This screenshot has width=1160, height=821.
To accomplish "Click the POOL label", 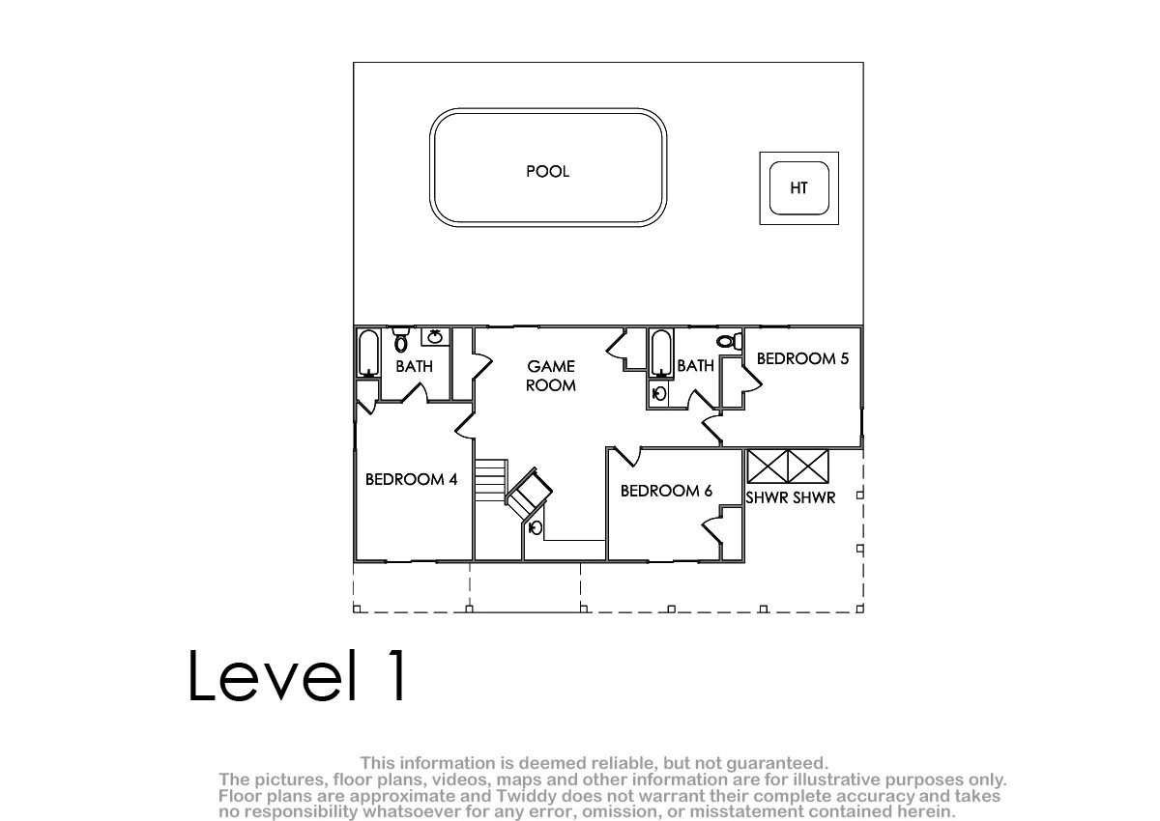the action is pyautogui.click(x=547, y=171).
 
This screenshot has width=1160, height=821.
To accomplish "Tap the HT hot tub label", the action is pyautogui.click(x=798, y=187).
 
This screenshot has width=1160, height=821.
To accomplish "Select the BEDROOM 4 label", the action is pyautogui.click(x=411, y=480).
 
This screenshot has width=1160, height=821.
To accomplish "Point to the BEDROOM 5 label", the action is pyautogui.click(x=802, y=358).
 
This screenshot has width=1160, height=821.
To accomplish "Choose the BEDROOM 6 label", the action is pyautogui.click(x=666, y=491).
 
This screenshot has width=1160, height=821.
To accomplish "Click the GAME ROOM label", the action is pyautogui.click(x=551, y=376).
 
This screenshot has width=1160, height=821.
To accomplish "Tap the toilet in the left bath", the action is pyautogui.click(x=401, y=339).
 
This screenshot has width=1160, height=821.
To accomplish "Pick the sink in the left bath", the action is pyautogui.click(x=434, y=337).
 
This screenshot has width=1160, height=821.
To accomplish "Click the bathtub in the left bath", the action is pyautogui.click(x=368, y=353).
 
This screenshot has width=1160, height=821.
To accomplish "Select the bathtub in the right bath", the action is pyautogui.click(x=661, y=353).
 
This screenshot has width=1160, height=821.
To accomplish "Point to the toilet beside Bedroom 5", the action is pyautogui.click(x=729, y=341).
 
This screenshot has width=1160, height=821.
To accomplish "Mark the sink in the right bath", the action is pyautogui.click(x=658, y=394).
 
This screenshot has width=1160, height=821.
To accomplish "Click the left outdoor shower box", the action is pyautogui.click(x=767, y=467).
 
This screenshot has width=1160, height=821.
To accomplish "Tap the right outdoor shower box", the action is pyautogui.click(x=808, y=467).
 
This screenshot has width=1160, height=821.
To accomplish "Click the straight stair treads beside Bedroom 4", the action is pyautogui.click(x=490, y=480).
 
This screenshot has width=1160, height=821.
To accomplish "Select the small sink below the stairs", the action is pyautogui.click(x=536, y=527).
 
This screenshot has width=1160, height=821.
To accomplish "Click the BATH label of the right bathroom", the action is pyautogui.click(x=695, y=366).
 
